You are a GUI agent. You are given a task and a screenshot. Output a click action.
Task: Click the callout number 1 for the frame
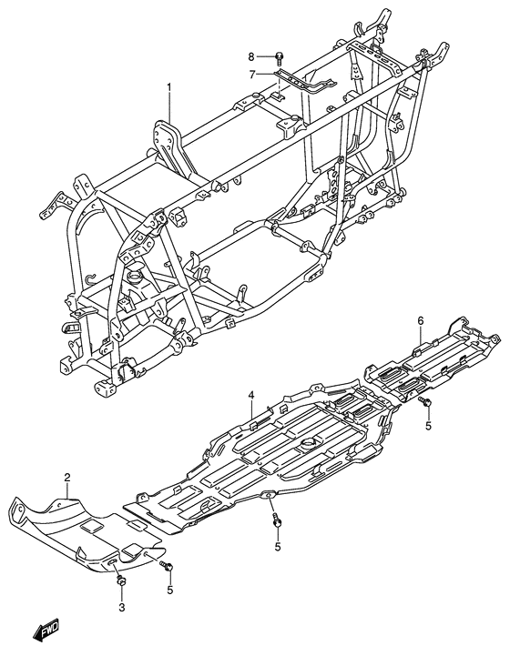(x=169, y=87)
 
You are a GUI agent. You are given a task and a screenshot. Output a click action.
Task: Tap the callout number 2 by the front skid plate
(x=67, y=477)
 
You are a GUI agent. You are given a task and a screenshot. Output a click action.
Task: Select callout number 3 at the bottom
(x=122, y=608)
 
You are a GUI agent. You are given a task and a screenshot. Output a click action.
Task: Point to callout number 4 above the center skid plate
(x=250, y=395)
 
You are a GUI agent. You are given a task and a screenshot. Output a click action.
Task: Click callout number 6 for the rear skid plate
(x=421, y=321)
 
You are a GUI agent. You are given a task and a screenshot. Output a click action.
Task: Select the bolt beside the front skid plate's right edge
(x=168, y=567)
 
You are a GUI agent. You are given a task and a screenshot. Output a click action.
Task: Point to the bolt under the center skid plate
(x=277, y=520)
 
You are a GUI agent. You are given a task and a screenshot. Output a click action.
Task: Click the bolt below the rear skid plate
(x=425, y=402)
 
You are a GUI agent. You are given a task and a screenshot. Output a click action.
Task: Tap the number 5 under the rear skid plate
(x=428, y=426)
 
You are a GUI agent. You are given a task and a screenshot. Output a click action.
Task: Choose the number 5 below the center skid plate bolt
(x=278, y=546)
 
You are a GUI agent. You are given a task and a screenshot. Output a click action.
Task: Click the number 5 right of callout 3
(x=170, y=590)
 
